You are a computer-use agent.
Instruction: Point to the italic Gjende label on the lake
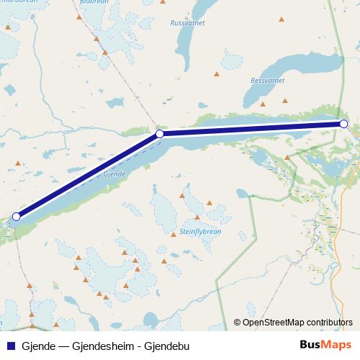click(115, 175)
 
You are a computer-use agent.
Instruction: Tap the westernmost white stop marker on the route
click(16, 216)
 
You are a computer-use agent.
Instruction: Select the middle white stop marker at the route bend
click(160, 134)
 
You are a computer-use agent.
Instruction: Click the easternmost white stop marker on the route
click(343, 124)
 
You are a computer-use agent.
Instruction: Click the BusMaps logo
click(325, 346)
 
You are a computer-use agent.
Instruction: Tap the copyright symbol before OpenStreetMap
click(237, 323)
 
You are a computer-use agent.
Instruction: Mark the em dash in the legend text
click(63, 346)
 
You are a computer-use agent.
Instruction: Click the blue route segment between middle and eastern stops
click(252, 129)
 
